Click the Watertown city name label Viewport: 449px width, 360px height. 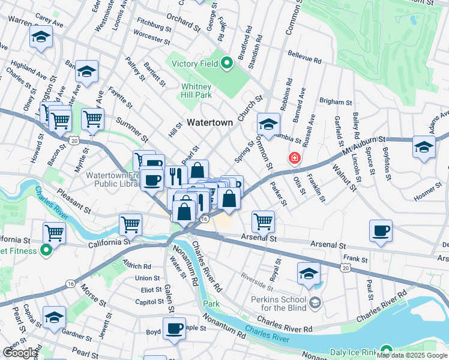pyautogui.click(x=209, y=122)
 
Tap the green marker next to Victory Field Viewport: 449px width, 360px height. pyautogui.click(x=226, y=62)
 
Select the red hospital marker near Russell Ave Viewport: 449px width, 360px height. pyautogui.click(x=294, y=158)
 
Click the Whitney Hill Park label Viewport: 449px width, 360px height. pyautogui.click(x=196, y=91)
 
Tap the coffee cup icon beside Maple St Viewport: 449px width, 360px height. pyautogui.click(x=174, y=329)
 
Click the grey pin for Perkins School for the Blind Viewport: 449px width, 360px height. pyautogui.click(x=316, y=302)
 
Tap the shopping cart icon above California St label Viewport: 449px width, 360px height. pyautogui.click(x=55, y=232)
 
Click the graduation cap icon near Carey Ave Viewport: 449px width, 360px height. pyautogui.click(x=41, y=37)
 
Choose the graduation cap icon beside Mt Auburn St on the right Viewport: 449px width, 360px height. pyautogui.click(x=424, y=148)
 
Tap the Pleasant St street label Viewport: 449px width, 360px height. pyautogui.click(x=74, y=202)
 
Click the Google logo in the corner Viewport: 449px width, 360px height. pyautogui.click(x=20, y=353)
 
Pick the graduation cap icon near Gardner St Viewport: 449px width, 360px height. pyautogui.click(x=54, y=316)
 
